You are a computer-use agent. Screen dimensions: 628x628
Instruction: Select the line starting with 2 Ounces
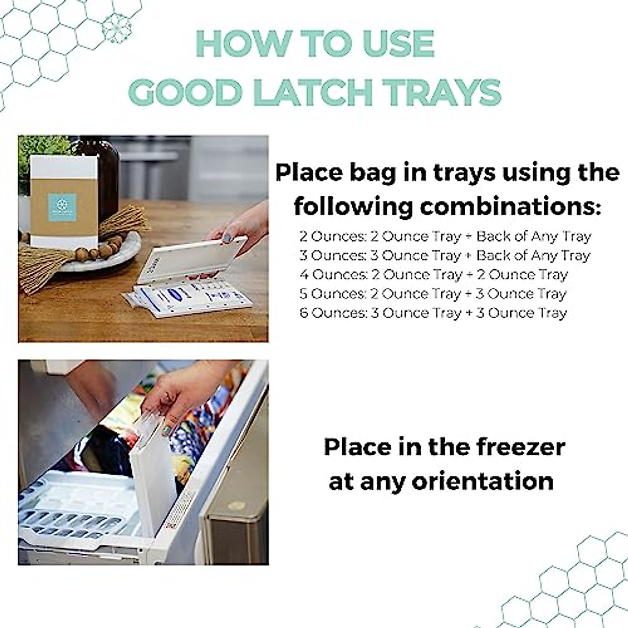445,237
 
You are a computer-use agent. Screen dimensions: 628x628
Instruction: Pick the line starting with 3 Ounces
445,256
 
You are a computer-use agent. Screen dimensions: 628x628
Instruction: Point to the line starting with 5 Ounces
433,294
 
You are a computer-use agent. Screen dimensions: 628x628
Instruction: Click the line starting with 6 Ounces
433,313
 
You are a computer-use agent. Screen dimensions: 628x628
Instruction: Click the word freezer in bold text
520,447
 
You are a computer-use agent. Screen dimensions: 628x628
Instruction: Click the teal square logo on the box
63,207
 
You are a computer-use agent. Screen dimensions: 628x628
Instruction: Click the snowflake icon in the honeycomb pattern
116,27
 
